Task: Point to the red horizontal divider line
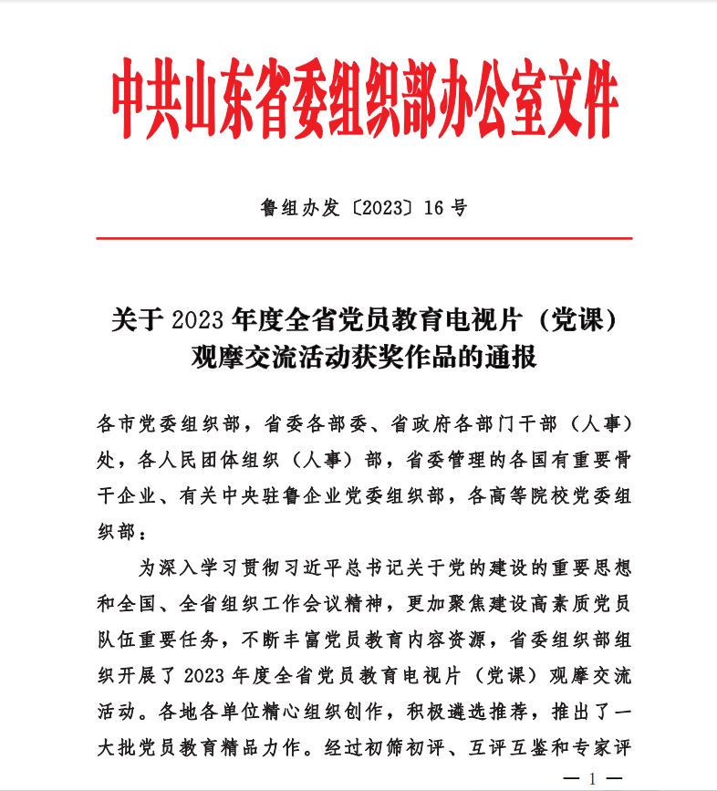tap(364, 238)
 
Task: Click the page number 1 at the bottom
tap(593, 779)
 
